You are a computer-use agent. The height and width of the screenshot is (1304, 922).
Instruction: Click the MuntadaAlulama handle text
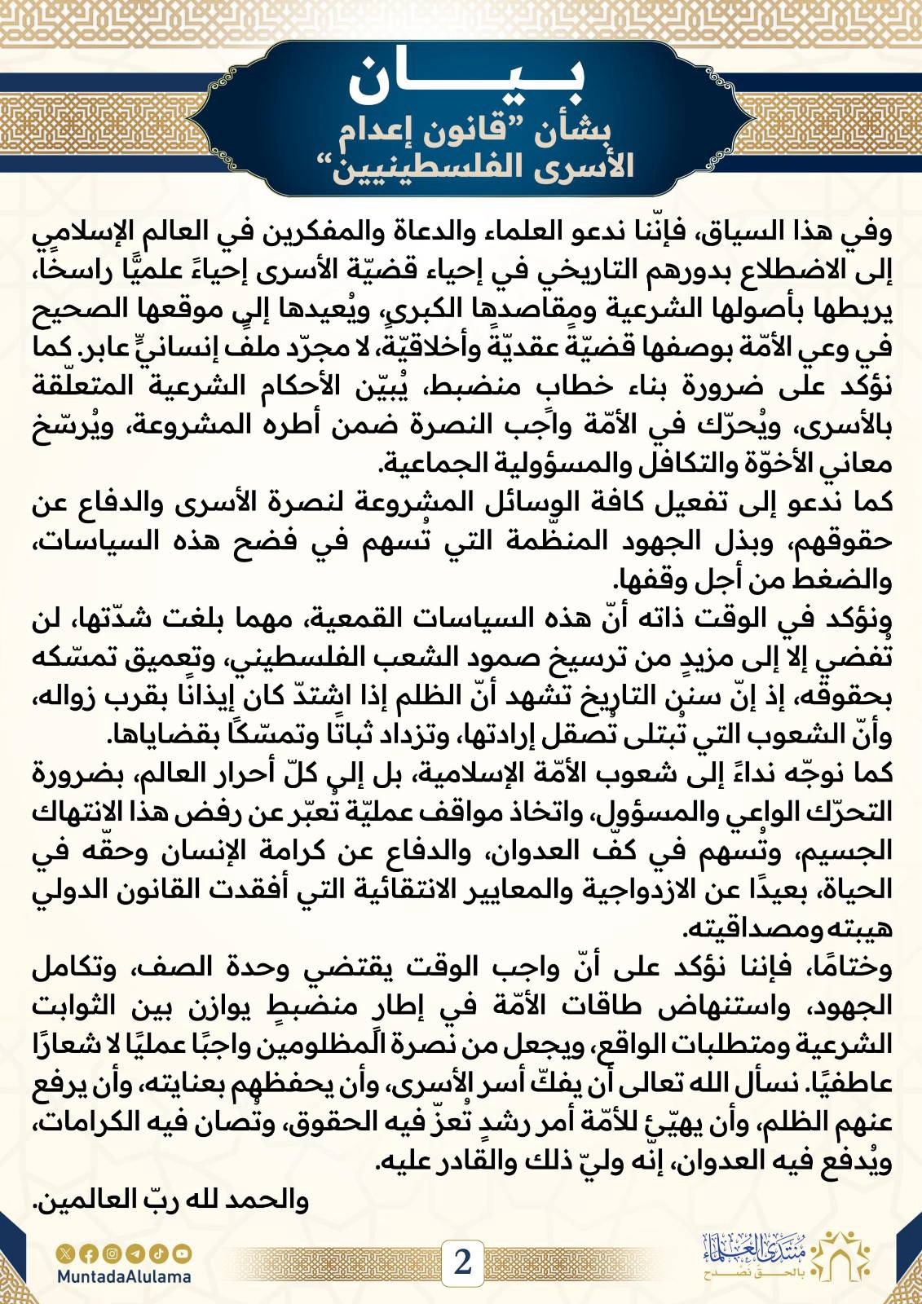tap(125, 1276)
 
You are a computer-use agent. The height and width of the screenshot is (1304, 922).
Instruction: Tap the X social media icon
tap(64, 1253)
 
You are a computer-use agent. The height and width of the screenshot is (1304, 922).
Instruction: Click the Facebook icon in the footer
tap(88, 1253)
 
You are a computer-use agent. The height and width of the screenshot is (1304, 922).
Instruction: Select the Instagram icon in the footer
tap(112, 1253)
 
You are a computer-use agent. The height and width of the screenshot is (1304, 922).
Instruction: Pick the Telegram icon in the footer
tap(135, 1253)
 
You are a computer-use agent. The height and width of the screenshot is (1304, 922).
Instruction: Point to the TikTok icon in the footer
tap(159, 1253)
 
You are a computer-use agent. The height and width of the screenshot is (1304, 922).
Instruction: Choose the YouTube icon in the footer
tap(183, 1253)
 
